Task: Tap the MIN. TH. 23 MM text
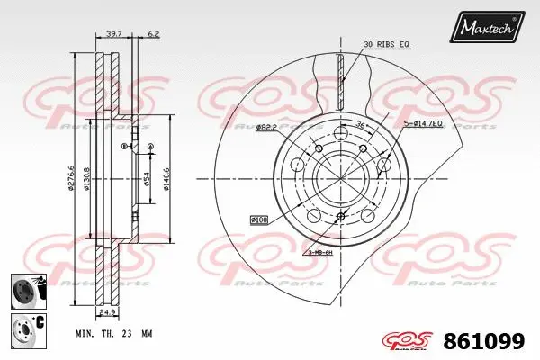pyautogui.click(x=114, y=332)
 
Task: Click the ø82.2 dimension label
pyautogui.click(x=266, y=128)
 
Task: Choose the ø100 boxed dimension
pyautogui.click(x=260, y=219)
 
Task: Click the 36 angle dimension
pyautogui.click(x=359, y=125)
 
